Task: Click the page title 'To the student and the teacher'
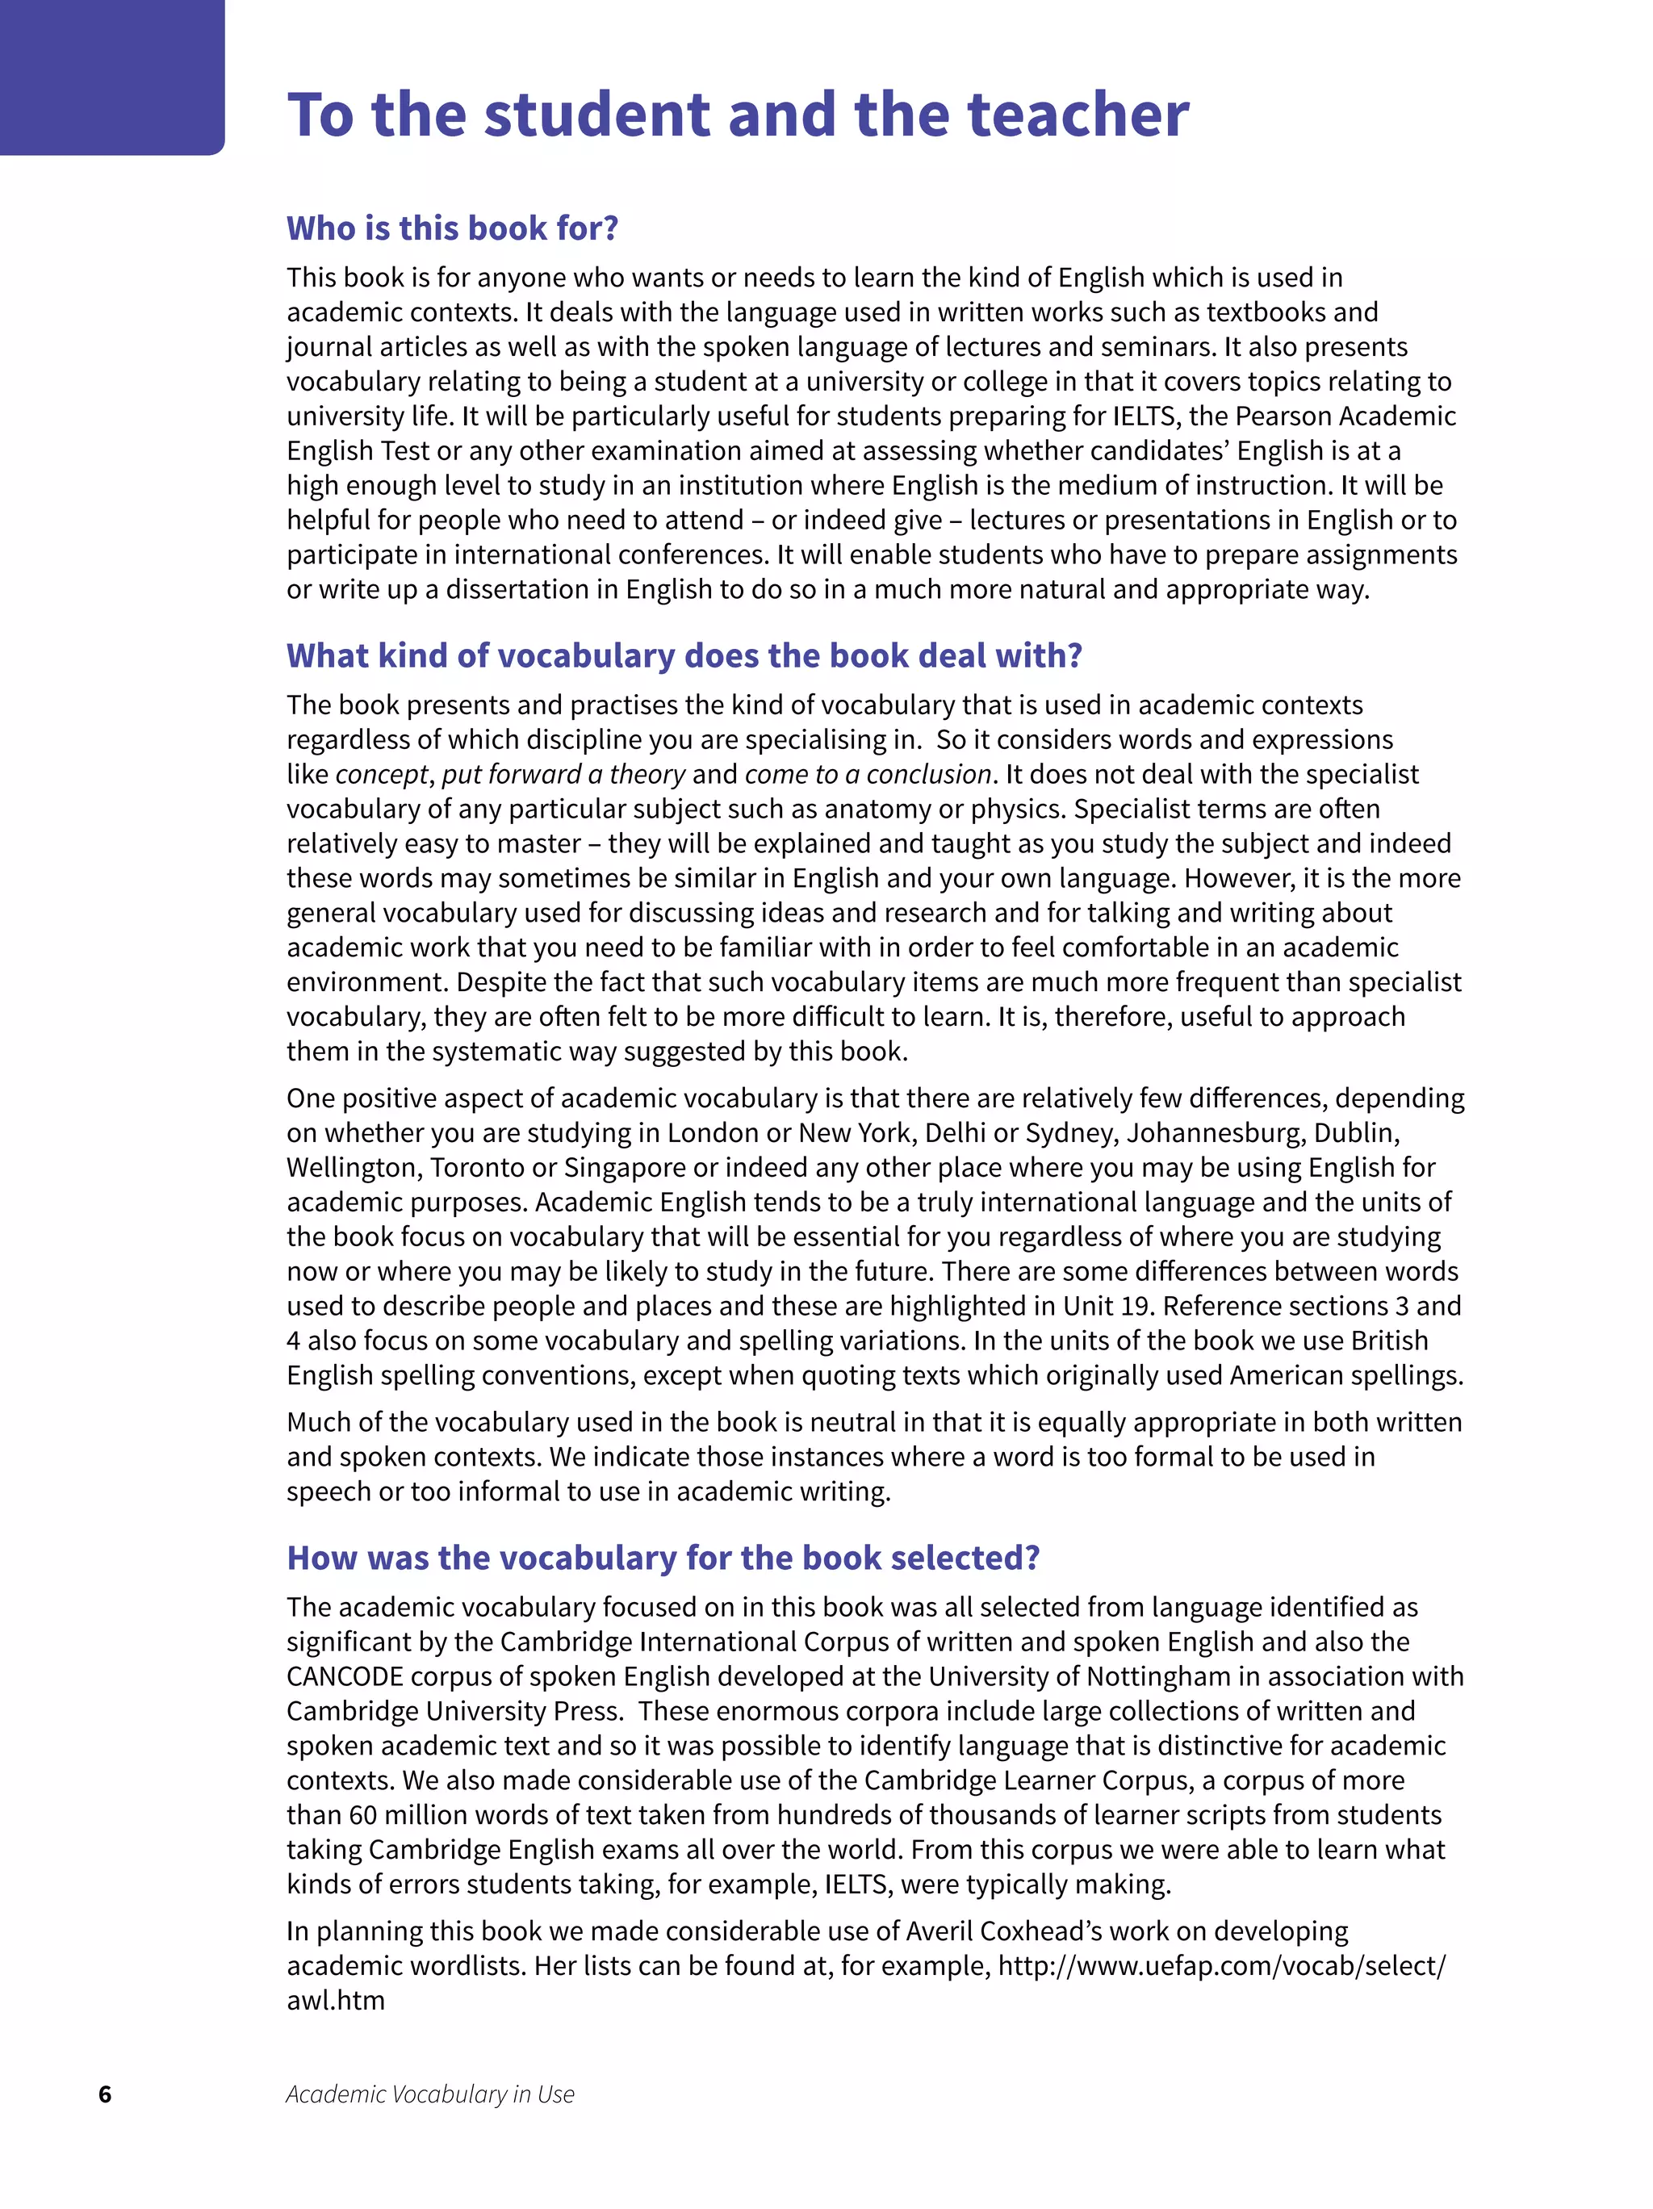coord(737,115)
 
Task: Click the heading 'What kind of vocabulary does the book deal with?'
coord(684,656)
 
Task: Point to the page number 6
coord(105,2094)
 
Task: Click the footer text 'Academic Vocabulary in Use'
coord(430,2094)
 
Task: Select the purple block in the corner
coord(112,76)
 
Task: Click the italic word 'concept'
coord(383,775)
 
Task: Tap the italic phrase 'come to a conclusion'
coord(867,775)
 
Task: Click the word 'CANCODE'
coord(345,1676)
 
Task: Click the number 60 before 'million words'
coord(362,1815)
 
